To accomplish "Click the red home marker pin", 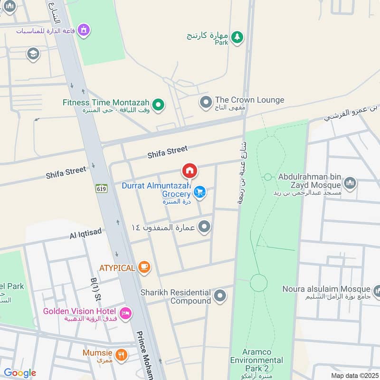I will (190, 171).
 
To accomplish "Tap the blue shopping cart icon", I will (200, 192).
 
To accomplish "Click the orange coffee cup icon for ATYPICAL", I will (144, 268).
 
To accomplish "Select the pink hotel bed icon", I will (125, 313).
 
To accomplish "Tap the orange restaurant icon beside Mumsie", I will (122, 354).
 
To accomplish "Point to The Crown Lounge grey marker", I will (206, 102).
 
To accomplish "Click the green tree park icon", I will (237, 37).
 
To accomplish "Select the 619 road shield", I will (101, 189).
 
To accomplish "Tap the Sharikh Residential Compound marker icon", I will (219, 296).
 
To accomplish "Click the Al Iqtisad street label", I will (85, 235).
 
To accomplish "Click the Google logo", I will (19, 373).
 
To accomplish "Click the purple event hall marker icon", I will (84, 30).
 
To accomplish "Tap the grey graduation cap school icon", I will (33, 53).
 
